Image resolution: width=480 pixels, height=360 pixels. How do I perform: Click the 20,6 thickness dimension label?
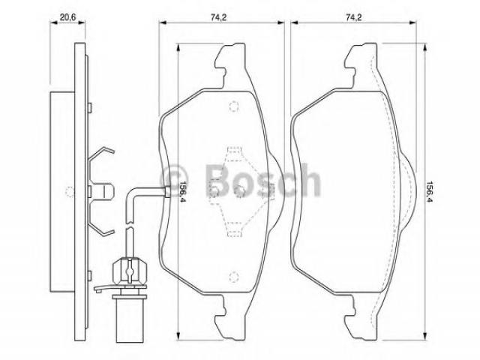[67, 17]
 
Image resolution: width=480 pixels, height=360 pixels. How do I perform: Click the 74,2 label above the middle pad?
[218, 17]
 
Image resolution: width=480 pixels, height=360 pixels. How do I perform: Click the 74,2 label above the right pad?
[354, 17]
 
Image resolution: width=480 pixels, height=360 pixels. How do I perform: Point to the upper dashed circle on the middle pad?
[234, 106]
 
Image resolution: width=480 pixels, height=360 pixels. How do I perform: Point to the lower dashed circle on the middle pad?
[234, 276]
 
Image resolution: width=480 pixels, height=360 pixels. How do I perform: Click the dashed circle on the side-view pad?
[70, 192]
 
